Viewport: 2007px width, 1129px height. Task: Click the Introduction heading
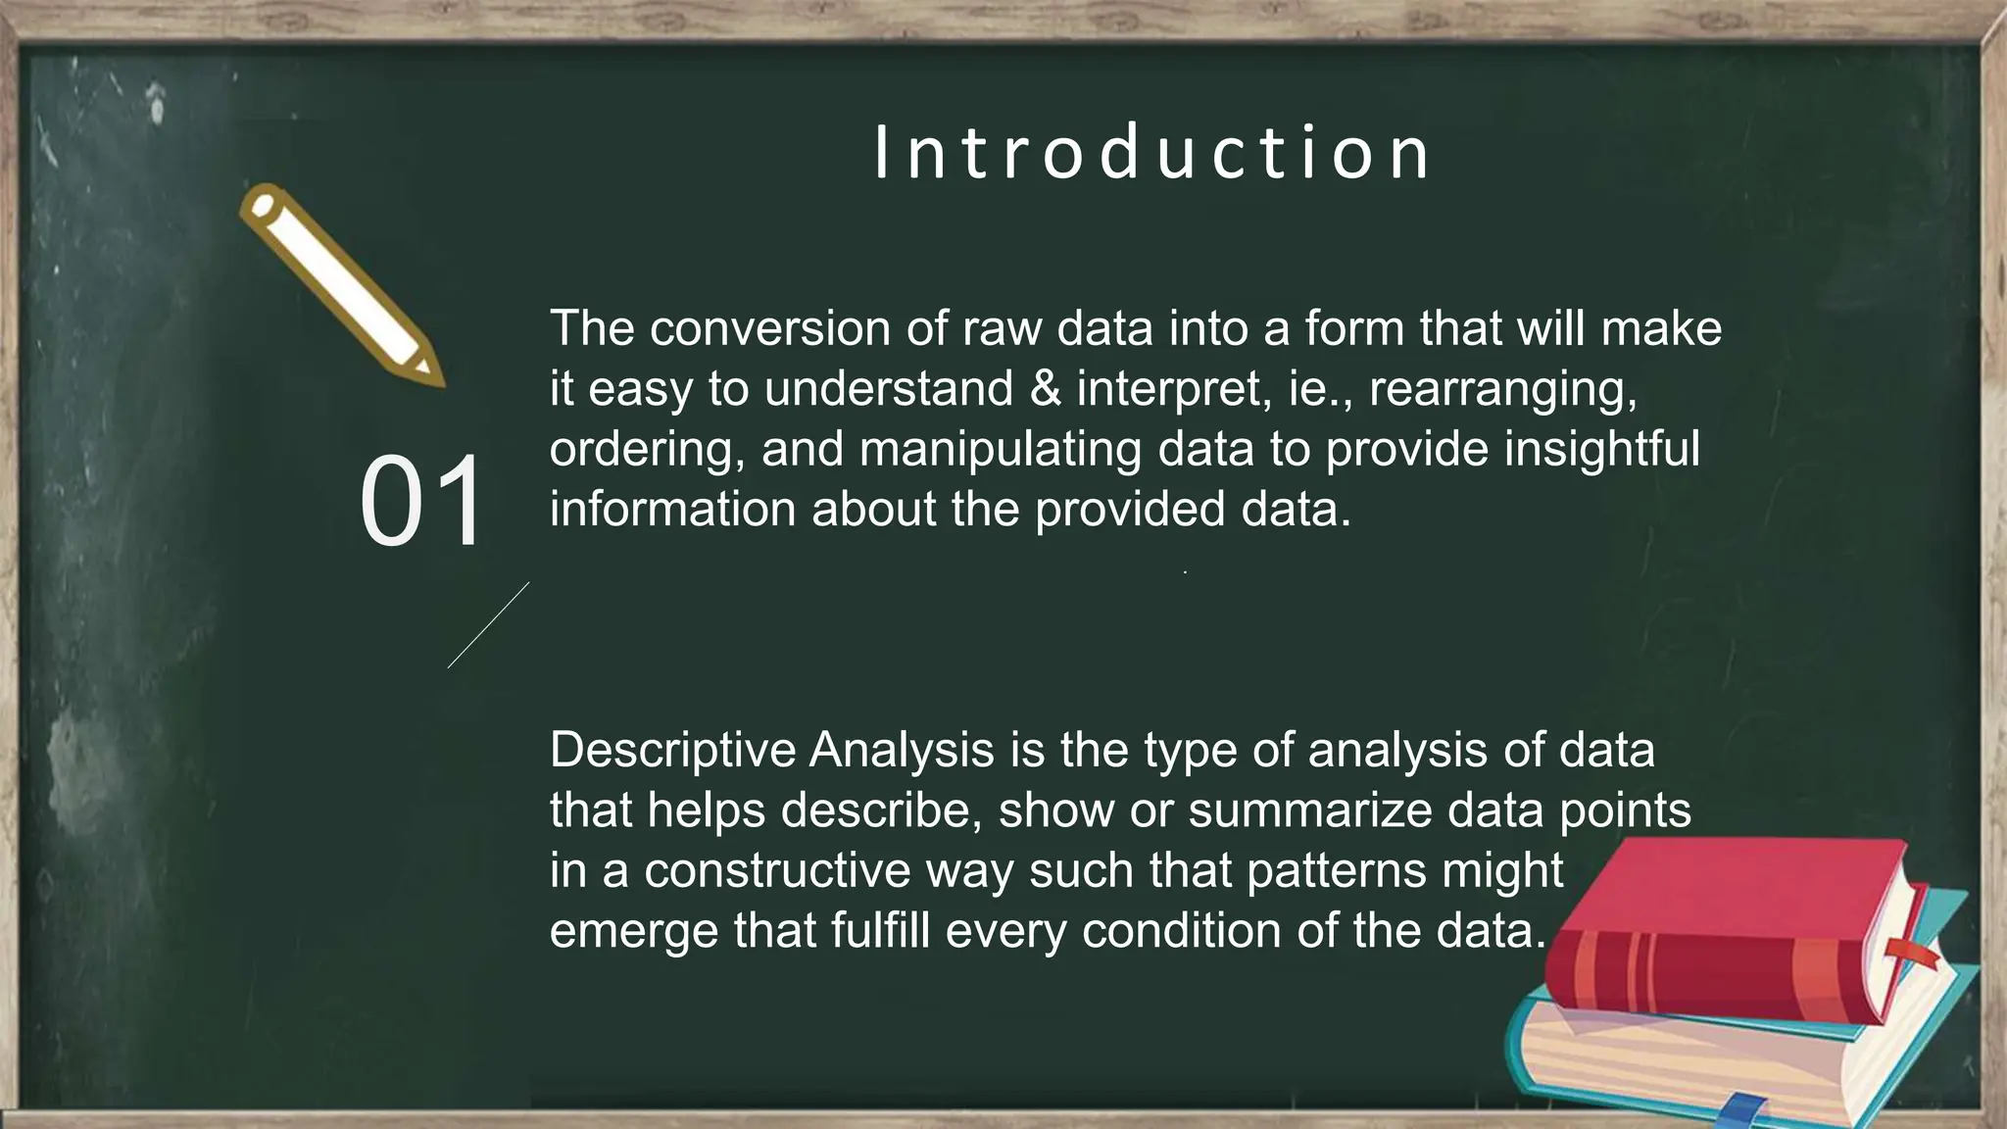click(x=1152, y=153)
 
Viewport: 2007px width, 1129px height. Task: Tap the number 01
click(x=422, y=502)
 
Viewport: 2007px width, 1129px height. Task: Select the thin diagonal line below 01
click(x=488, y=625)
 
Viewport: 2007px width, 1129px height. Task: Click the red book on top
click(x=1725, y=931)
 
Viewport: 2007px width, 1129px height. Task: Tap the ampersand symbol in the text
click(x=1046, y=389)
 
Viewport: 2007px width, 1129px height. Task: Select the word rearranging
click(x=1502, y=389)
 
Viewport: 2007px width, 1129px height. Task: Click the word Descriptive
click(x=672, y=751)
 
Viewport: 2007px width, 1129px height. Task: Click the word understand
click(x=889, y=389)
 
